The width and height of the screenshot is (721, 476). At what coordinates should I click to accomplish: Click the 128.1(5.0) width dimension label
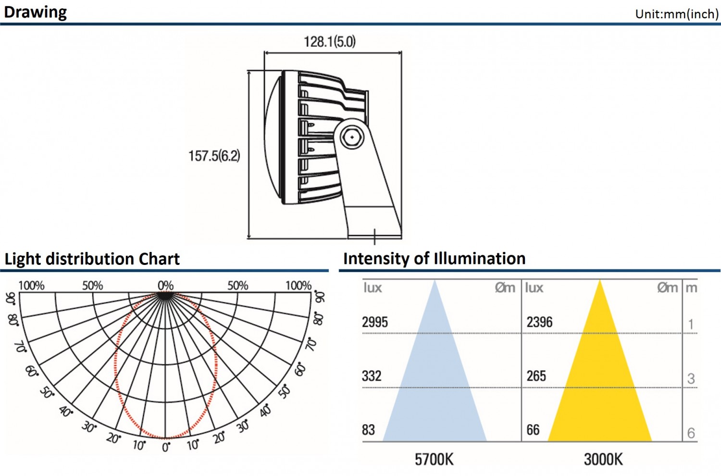coord(330,42)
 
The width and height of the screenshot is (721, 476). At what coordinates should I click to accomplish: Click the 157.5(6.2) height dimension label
coord(214,156)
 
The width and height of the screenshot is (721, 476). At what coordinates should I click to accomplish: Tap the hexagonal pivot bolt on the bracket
coord(352,138)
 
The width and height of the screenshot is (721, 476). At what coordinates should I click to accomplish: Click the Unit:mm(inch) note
coord(677,14)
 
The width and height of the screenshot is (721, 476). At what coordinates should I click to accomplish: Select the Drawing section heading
coord(36,13)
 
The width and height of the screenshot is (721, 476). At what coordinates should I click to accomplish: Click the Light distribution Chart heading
coord(92,259)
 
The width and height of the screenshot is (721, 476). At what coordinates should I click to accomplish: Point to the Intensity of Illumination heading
coord(434,258)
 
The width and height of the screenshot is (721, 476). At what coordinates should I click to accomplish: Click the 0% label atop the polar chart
coord(166,285)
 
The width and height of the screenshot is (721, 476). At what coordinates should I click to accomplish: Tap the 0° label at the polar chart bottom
coord(166,447)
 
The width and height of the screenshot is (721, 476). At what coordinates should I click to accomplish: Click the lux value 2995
coord(375,322)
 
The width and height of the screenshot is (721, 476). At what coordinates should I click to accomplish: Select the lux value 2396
coord(539,322)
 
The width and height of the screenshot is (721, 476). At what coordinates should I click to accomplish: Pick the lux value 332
coord(372,376)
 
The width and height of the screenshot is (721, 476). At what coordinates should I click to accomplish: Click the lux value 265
coord(536,376)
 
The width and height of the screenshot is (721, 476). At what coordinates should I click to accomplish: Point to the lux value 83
coord(369,430)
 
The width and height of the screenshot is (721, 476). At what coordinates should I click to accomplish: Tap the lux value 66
coord(533,430)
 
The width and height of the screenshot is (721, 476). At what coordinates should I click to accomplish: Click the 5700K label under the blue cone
coord(434,460)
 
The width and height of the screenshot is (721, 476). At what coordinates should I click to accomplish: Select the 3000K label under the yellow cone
coord(604,460)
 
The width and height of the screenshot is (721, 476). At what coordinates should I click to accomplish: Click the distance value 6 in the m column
coord(691,433)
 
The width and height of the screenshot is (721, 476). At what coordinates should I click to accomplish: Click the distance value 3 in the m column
coord(691,379)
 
